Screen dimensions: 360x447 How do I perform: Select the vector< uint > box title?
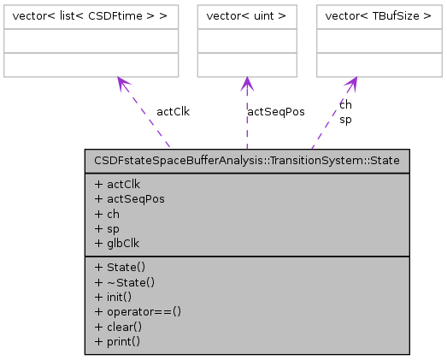(247, 16)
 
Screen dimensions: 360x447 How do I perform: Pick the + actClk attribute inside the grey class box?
(118, 184)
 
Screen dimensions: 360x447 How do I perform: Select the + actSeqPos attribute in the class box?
(130, 198)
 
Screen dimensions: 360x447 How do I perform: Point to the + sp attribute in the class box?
(107, 227)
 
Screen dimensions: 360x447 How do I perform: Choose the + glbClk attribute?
(118, 242)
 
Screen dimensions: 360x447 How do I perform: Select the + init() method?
(115, 297)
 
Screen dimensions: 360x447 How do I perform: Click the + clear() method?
(118, 326)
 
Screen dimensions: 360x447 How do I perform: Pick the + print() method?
(117, 340)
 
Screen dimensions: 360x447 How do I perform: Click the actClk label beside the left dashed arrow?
(173, 111)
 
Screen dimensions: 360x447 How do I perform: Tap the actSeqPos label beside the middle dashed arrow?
(275, 111)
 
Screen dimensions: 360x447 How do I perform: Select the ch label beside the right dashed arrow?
(345, 104)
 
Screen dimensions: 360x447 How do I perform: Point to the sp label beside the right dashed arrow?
(345, 120)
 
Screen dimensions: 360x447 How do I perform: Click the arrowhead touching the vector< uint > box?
(247, 83)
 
